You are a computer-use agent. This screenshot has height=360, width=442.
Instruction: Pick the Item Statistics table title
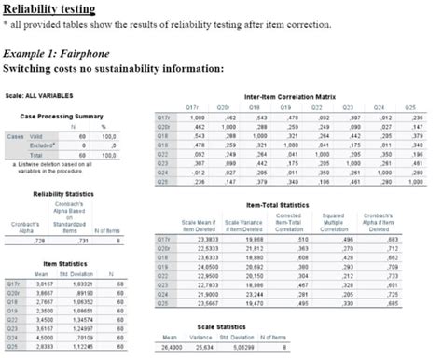[64, 264]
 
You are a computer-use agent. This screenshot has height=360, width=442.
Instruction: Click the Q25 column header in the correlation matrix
[412, 107]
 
